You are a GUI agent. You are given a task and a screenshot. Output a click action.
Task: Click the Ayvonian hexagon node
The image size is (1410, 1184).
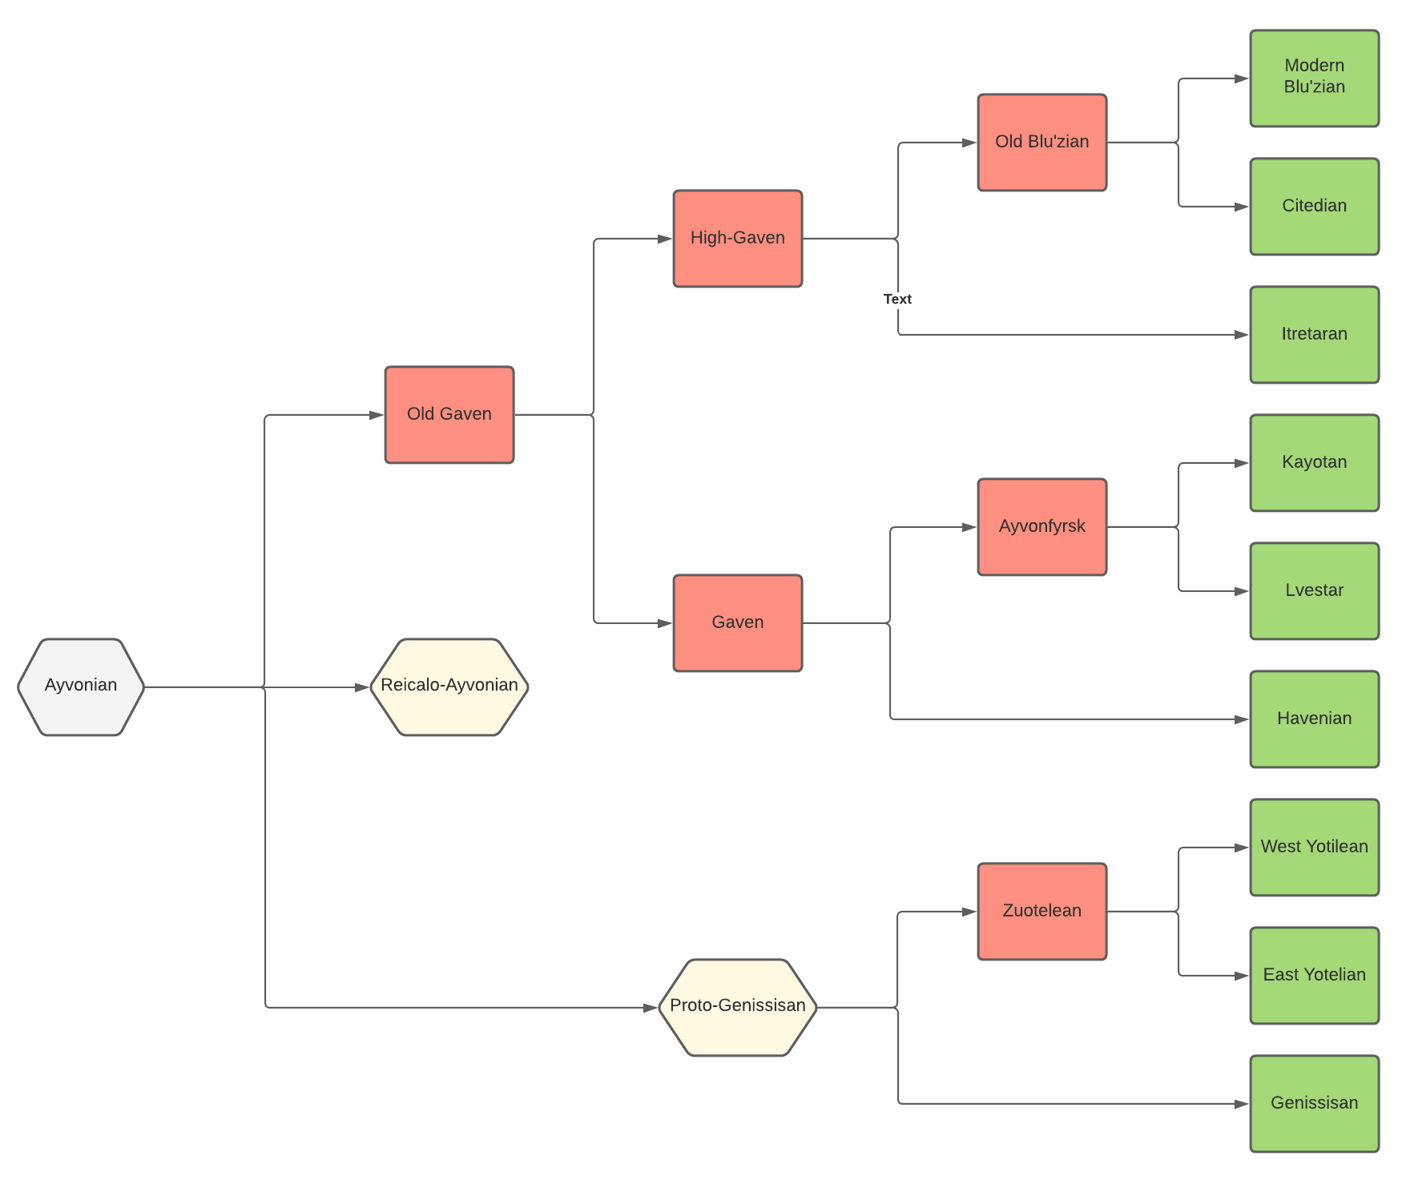pyautogui.click(x=81, y=687)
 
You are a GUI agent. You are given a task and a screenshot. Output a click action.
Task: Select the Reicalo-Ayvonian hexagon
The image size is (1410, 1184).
pyautogui.click(x=449, y=687)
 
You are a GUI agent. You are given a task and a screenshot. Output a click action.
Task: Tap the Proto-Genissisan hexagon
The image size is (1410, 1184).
pyautogui.click(x=737, y=1007)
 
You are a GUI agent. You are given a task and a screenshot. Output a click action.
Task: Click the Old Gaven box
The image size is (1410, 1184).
pyautogui.click(x=449, y=415)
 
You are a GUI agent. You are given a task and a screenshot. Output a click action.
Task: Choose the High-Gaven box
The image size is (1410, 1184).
pyautogui.click(x=737, y=239)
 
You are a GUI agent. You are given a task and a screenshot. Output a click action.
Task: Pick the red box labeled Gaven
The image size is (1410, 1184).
pyautogui.click(x=737, y=622)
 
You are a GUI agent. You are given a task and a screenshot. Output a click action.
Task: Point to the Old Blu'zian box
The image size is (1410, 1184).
pyautogui.click(x=1041, y=143)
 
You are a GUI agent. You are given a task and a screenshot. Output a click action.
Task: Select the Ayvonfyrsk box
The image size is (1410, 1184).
pyautogui.click(x=1041, y=527)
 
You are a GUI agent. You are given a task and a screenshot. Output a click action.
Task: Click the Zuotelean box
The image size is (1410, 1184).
pyautogui.click(x=1041, y=911)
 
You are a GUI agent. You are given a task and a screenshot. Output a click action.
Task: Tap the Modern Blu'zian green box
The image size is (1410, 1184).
pyautogui.click(x=1314, y=79)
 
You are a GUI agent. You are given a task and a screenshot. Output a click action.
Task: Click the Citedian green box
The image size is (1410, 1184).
pyautogui.click(x=1314, y=207)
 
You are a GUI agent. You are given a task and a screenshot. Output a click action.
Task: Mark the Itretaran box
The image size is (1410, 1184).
pyautogui.click(x=1314, y=335)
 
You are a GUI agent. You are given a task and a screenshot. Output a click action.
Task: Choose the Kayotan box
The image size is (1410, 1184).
pyautogui.click(x=1314, y=463)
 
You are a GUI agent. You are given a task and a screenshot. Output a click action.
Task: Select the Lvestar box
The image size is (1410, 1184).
pyautogui.click(x=1314, y=591)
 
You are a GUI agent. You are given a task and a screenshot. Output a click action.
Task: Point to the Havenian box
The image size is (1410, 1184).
pyautogui.click(x=1314, y=719)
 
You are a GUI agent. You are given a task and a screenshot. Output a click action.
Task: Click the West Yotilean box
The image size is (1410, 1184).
pyautogui.click(x=1314, y=847)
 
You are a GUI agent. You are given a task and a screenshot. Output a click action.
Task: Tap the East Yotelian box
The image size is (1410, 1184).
pyautogui.click(x=1314, y=975)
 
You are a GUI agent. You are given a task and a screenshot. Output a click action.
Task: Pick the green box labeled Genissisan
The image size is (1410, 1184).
pyautogui.click(x=1314, y=1103)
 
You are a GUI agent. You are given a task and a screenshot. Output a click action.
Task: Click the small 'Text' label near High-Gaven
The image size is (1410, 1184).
pyautogui.click(x=897, y=299)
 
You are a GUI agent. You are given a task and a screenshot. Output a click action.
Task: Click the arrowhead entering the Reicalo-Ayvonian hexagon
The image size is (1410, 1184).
pyautogui.click(x=363, y=687)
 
